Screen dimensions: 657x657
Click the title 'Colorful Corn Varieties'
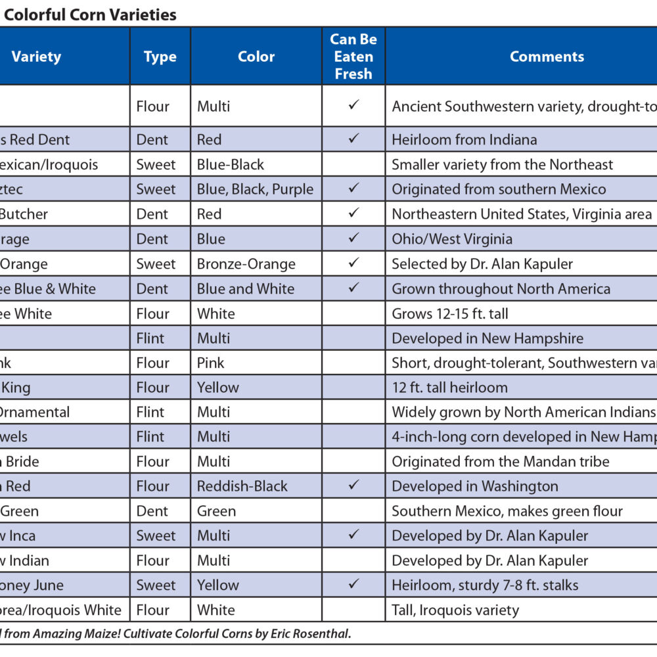(x=90, y=14)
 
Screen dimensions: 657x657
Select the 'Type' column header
(x=160, y=57)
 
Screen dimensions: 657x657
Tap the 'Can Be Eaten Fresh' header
(x=353, y=57)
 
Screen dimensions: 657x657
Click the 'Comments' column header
(x=547, y=57)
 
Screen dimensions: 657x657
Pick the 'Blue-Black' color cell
(x=230, y=164)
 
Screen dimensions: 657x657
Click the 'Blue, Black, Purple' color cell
(x=255, y=189)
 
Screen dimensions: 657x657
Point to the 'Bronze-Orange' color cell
(x=246, y=264)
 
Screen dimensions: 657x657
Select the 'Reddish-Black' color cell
(x=242, y=486)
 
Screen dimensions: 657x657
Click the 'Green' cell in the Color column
(x=216, y=511)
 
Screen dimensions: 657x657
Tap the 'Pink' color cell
(x=210, y=363)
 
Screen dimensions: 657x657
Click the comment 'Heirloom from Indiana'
(x=464, y=139)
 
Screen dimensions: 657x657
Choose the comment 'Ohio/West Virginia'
(x=452, y=239)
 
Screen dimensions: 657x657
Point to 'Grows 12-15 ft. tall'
(x=450, y=313)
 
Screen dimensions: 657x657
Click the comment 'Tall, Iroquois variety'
(x=455, y=610)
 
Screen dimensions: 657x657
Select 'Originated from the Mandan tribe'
(x=500, y=461)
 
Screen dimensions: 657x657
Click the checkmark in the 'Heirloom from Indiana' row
(x=353, y=139)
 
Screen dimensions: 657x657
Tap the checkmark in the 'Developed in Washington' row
(x=353, y=486)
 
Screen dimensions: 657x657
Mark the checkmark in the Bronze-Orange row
(x=353, y=263)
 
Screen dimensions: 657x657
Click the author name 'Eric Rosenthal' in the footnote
(x=317, y=634)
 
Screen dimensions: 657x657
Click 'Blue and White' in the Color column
(x=246, y=288)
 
